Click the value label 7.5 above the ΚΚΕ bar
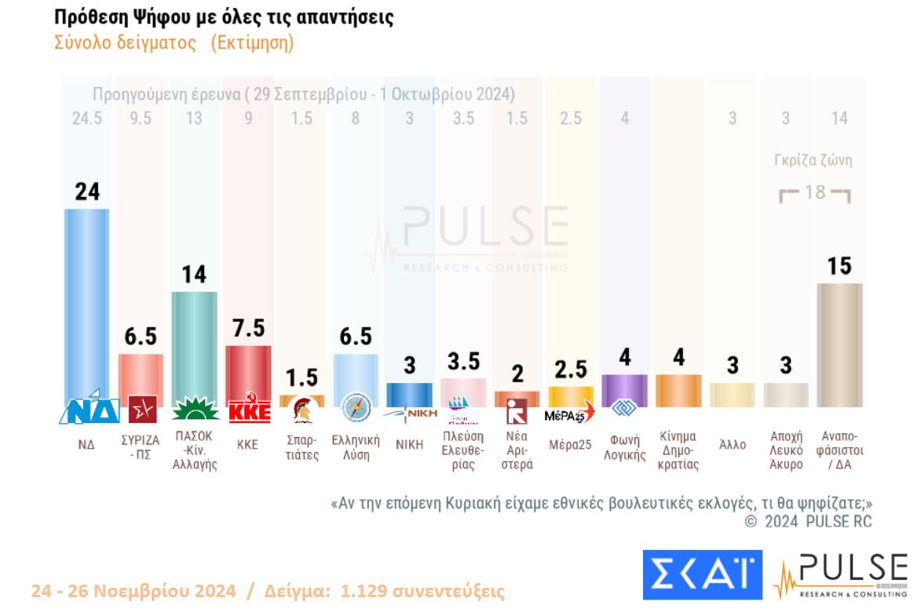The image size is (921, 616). [248, 329]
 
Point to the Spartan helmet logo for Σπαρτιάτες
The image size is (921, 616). [302, 410]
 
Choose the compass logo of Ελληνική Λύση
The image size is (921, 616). [356, 409]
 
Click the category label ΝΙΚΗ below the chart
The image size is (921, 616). [409, 445]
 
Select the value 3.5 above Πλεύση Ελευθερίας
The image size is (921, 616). [463, 363]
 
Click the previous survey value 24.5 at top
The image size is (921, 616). [86, 118]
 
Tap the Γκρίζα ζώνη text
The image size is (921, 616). [813, 160]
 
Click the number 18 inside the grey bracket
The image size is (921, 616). [816, 191]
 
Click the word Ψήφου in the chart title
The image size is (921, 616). [152, 17]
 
